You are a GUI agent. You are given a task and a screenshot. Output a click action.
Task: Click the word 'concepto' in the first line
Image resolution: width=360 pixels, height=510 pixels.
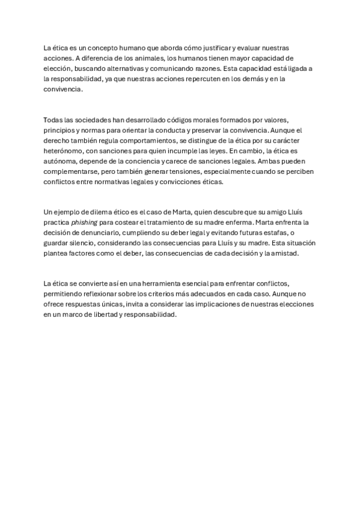tap(103, 47)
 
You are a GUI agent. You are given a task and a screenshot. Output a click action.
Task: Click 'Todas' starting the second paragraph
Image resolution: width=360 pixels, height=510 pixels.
tap(54, 120)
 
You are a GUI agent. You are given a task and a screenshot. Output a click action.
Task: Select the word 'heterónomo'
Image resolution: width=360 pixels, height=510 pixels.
tap(64, 152)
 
